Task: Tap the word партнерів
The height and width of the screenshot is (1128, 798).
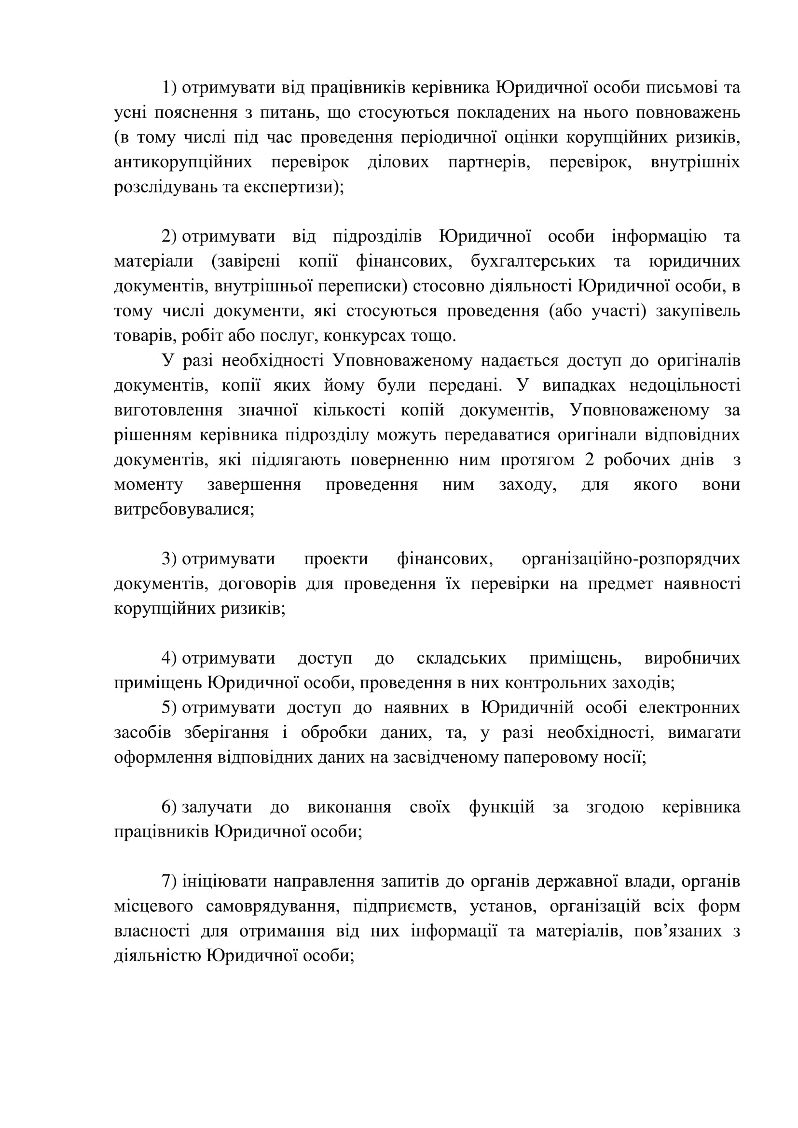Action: (489, 162)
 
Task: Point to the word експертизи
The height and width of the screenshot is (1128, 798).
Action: (288, 187)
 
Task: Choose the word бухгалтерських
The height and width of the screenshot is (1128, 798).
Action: (533, 261)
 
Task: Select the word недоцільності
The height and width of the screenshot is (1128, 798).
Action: (685, 385)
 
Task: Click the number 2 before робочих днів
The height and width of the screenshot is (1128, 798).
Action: (589, 460)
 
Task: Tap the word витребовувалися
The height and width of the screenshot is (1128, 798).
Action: (184, 509)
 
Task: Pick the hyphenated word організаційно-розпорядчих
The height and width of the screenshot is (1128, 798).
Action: (631, 559)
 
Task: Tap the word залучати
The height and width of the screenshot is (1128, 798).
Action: (217, 807)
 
